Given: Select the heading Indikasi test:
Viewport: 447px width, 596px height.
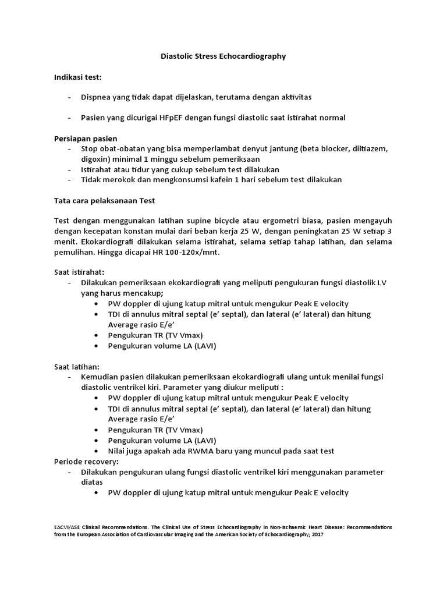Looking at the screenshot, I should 78,76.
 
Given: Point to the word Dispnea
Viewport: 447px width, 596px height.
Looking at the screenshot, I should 97,97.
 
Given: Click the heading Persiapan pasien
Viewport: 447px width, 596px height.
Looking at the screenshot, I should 86,139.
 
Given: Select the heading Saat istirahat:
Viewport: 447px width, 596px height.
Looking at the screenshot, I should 79,272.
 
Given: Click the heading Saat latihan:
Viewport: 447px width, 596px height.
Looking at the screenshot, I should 76,367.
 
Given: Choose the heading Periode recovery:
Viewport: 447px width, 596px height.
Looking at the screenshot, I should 86,461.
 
